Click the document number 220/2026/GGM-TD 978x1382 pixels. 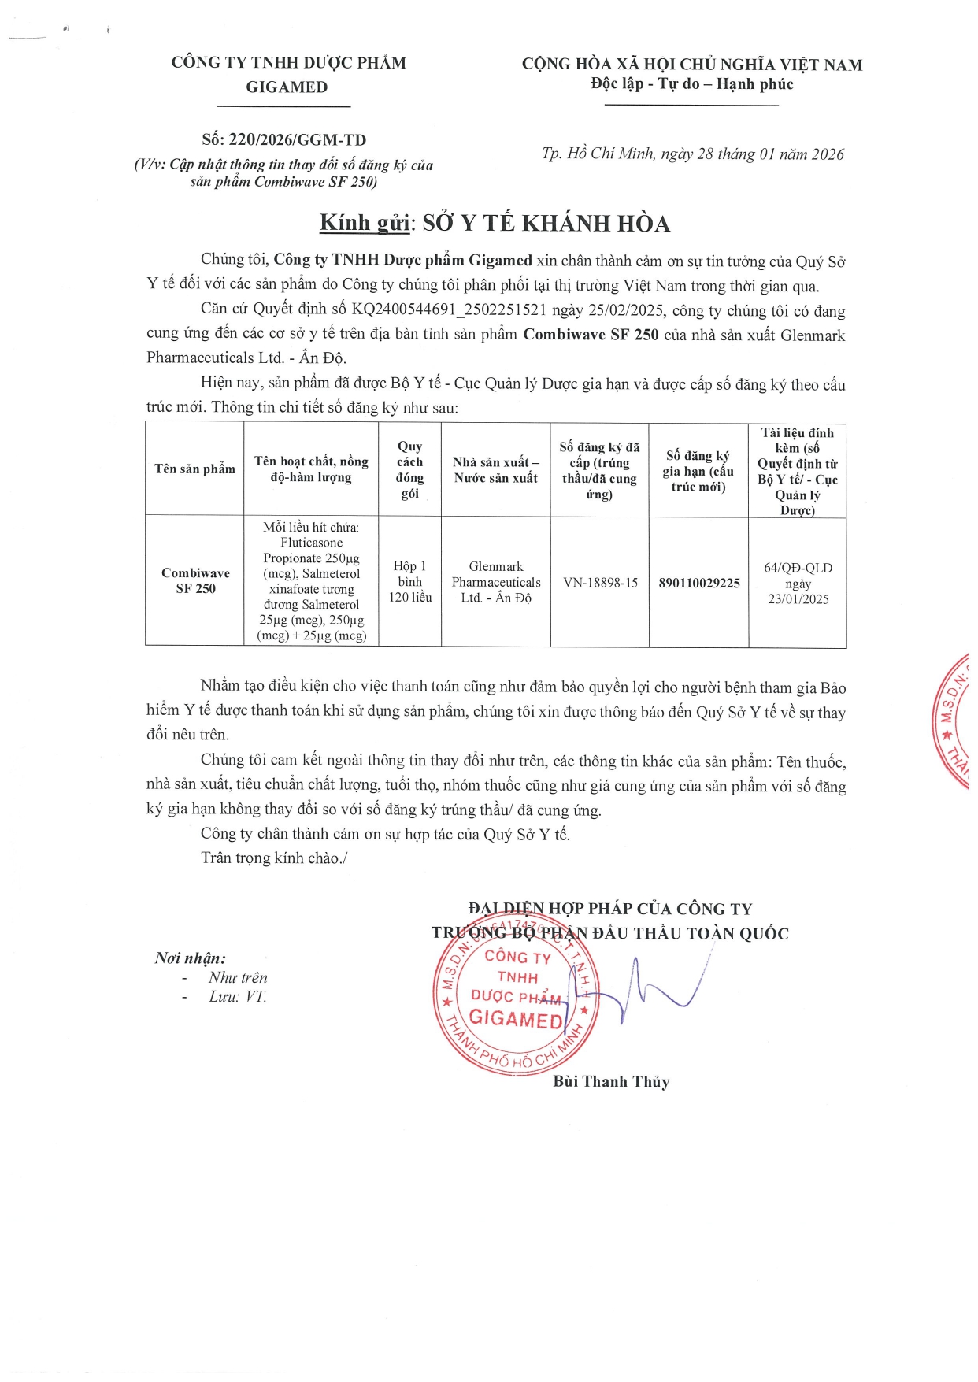297,140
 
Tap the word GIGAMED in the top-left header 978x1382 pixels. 287,87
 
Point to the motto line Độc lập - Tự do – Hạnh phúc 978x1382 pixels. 692,84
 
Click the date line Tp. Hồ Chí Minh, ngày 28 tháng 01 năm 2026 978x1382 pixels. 692,154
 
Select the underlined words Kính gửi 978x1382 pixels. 365,223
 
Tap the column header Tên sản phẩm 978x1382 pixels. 194,469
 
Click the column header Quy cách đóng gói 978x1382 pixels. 409,469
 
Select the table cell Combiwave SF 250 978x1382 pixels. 195,580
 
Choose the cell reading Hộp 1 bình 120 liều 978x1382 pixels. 409,581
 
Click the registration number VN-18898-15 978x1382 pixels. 600,583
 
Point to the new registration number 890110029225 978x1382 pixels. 699,583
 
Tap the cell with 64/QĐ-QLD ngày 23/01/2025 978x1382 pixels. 798,583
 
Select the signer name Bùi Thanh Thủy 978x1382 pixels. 611,1081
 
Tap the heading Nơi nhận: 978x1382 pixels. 191,958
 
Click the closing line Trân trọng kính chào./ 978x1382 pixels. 273,858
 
